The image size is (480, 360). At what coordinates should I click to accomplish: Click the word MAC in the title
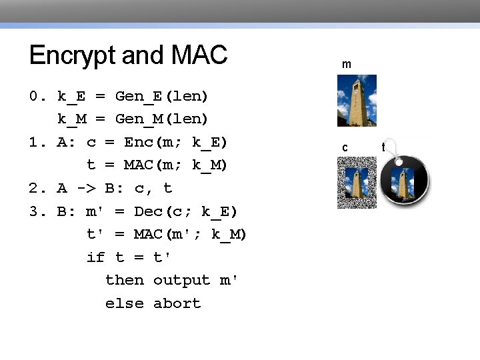click(199, 55)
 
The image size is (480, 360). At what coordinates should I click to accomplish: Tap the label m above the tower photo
click(347, 65)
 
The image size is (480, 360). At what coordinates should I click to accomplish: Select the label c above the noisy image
click(345, 147)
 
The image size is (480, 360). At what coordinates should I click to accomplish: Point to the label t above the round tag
click(383, 146)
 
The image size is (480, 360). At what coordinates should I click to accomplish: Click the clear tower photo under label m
click(357, 100)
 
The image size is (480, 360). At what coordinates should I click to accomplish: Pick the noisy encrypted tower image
click(357, 183)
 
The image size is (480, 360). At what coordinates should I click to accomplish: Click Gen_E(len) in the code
click(162, 97)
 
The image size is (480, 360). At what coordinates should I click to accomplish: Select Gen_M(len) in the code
click(162, 119)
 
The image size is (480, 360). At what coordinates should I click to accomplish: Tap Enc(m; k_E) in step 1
click(176, 143)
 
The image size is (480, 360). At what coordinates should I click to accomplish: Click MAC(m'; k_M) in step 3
click(191, 235)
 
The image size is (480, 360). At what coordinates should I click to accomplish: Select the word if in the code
click(95, 257)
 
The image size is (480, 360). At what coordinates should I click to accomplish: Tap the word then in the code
click(125, 281)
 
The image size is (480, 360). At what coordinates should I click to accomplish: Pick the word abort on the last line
click(177, 303)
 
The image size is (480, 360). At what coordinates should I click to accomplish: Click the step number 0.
click(34, 97)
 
